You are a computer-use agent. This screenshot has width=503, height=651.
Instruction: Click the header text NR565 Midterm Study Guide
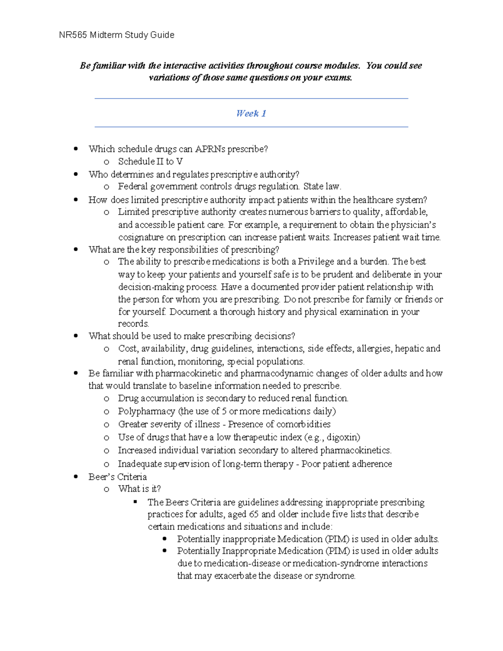(117, 35)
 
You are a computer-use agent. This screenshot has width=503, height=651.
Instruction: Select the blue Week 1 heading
(251, 114)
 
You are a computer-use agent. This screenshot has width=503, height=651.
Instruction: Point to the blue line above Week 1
(251, 99)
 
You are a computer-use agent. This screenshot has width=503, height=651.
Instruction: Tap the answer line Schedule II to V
(150, 162)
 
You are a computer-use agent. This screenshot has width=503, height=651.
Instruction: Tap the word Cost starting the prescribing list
(127, 349)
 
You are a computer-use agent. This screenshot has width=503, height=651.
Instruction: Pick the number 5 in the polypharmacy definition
(224, 411)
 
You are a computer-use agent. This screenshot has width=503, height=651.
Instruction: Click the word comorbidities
(303, 424)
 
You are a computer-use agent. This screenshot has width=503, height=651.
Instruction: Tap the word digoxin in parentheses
(342, 438)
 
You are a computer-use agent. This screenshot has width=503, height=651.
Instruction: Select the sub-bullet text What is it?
(139, 489)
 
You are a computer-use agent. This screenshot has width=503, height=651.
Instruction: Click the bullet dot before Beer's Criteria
(76, 477)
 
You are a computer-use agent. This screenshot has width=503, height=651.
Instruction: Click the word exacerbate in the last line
(235, 576)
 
